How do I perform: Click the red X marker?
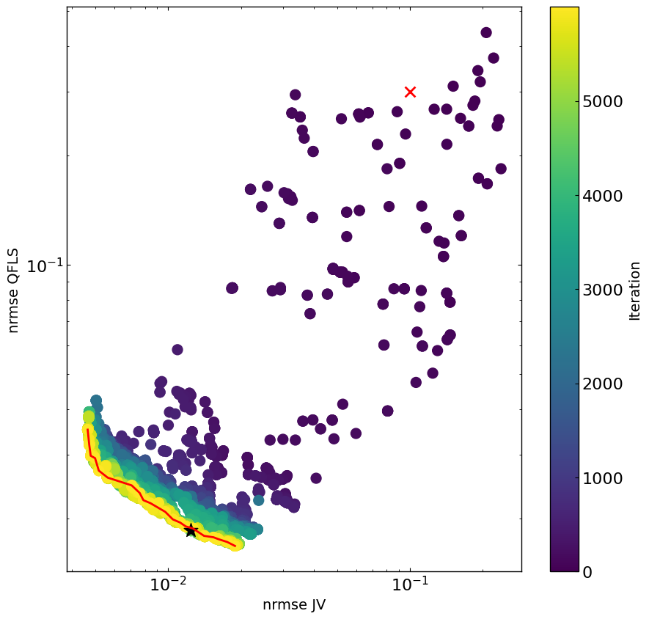[410, 92]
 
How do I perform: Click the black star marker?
[191, 530]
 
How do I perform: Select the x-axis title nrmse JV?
[294, 605]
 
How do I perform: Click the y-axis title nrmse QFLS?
[13, 290]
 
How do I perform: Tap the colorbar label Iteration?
[635, 290]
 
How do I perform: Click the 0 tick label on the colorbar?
[587, 572]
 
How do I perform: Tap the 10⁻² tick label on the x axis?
[168, 587]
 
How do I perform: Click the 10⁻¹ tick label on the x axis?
[409, 587]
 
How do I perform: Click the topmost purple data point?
[486, 32]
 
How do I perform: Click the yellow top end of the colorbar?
[564, 10]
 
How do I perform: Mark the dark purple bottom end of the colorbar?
[564, 568]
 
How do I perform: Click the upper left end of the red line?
[88, 430]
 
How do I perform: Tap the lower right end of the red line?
[235, 546]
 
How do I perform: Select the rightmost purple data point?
[501, 169]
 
